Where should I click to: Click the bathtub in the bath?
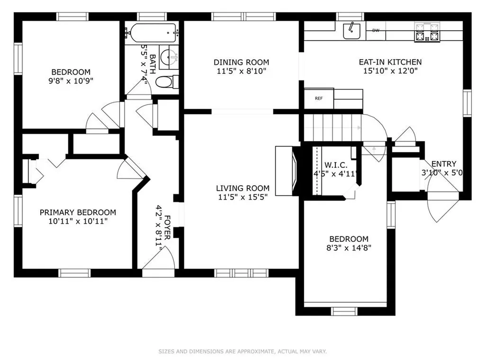click(152, 33)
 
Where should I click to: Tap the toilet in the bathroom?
click(167, 82)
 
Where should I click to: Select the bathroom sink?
click(169, 57)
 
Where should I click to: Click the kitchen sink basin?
click(352, 31)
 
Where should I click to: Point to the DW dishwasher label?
click(376, 30)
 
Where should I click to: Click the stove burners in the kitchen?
click(427, 33)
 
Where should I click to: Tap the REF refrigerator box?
click(319, 99)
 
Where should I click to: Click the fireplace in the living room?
click(287, 171)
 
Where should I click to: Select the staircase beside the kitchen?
click(333, 127)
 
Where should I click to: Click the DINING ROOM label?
click(241, 62)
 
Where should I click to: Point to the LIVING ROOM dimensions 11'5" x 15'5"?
click(243, 197)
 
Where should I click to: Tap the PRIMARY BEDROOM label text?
click(78, 212)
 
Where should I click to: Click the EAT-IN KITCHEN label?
click(390, 62)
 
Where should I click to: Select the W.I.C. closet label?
click(336, 165)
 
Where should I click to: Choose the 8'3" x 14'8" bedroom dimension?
click(349, 247)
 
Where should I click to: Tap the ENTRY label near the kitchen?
click(444, 164)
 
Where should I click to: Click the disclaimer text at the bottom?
click(242, 351)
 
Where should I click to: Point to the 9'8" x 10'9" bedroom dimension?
click(71, 81)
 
